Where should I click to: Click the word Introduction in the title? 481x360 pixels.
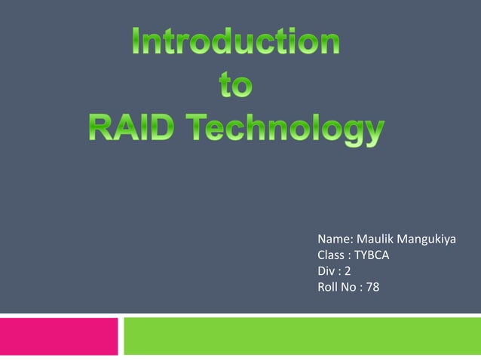click(236, 42)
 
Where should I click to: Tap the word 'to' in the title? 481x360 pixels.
click(236, 87)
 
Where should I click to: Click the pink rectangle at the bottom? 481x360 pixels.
click(59, 336)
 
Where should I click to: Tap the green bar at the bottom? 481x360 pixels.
click(302, 336)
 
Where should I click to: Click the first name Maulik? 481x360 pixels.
click(374, 241)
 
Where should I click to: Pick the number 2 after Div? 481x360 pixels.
click(348, 271)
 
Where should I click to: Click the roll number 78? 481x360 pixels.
click(372, 286)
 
